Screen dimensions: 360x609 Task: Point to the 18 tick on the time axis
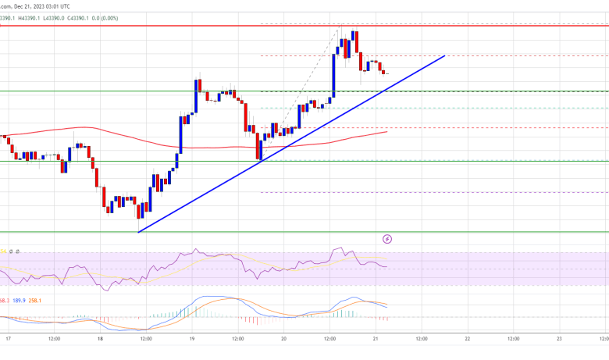tap(99, 340)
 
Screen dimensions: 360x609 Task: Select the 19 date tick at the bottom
tap(192, 340)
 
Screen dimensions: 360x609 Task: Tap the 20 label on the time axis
tap(284, 340)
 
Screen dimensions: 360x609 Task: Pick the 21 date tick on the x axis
tap(376, 340)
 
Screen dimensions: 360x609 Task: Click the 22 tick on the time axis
tap(467, 340)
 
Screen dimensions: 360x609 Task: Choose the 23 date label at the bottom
tap(559, 340)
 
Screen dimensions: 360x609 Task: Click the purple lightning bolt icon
tap(387, 238)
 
